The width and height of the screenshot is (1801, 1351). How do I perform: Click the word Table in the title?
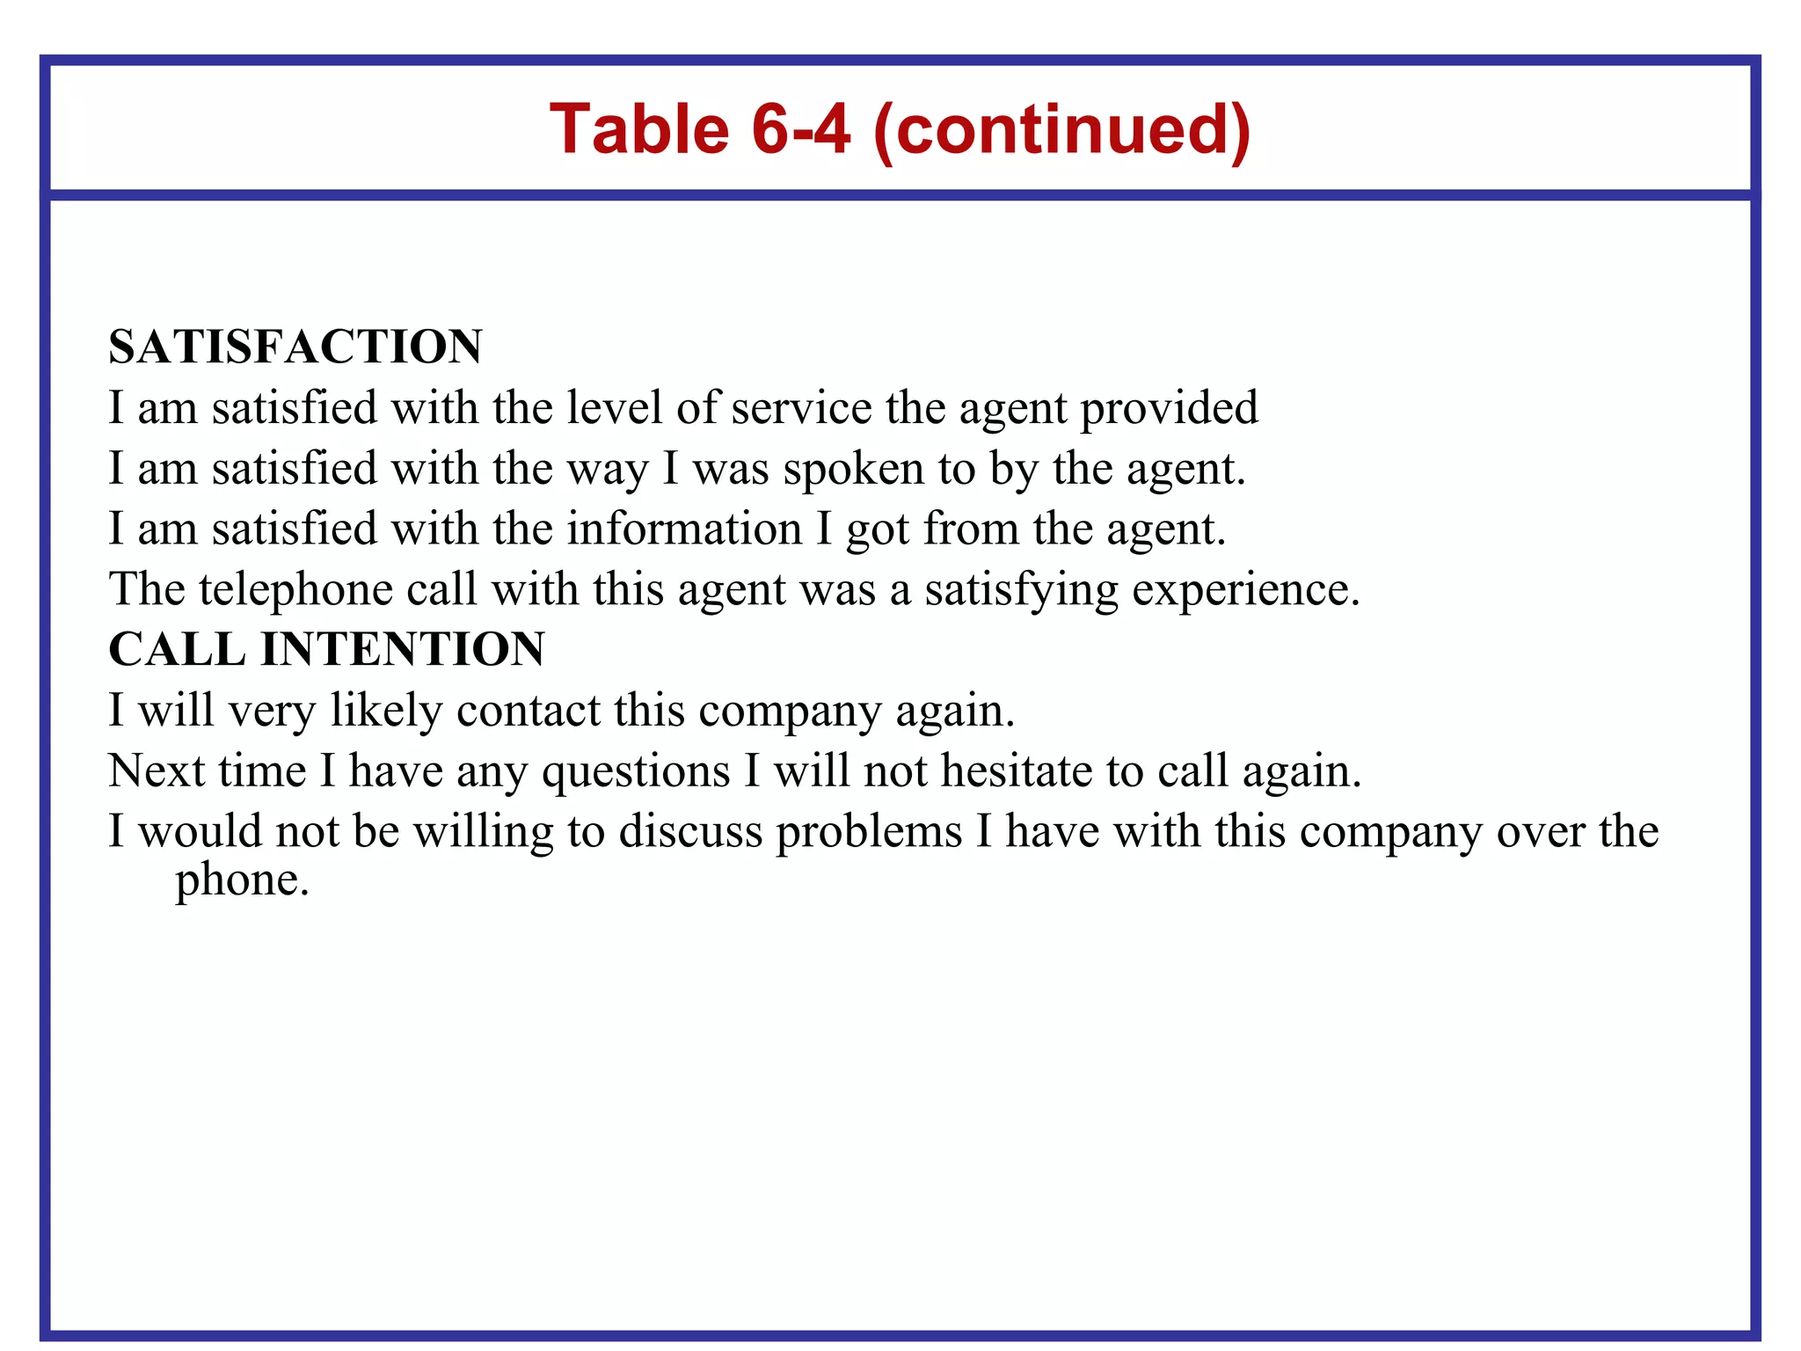[x=639, y=129]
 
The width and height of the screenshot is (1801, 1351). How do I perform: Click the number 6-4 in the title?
[x=801, y=129]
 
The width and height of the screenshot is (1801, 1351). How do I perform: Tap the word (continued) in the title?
[x=1061, y=129]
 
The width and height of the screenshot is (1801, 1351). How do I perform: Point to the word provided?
[x=1169, y=408]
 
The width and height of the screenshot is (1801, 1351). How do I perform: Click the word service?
[x=801, y=408]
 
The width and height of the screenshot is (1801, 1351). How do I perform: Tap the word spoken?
[x=853, y=469]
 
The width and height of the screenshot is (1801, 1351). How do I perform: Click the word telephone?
[x=295, y=589]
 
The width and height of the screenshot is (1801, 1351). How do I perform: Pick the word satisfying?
[x=1021, y=589]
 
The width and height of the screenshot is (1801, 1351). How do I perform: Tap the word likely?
[x=386, y=711]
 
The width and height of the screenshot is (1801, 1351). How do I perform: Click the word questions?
[x=636, y=771]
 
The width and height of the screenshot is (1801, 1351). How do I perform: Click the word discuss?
[x=690, y=832]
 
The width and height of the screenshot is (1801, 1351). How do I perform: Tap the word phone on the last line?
[x=242, y=880]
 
